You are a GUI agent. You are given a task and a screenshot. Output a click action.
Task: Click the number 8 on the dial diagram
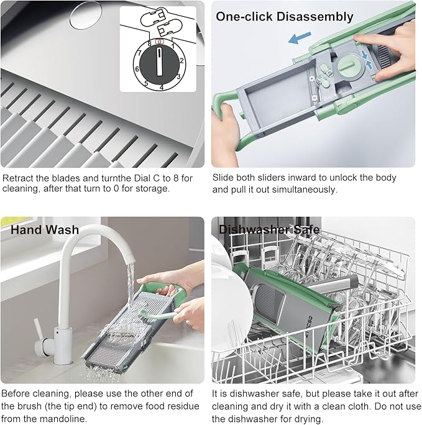point(149,43)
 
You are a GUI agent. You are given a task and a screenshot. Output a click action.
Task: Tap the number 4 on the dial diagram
point(162,88)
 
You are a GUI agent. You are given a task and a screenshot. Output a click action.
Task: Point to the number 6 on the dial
point(137,69)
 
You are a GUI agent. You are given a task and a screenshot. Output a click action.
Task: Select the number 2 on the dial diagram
point(181,61)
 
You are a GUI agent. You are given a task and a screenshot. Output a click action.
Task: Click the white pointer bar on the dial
point(160,61)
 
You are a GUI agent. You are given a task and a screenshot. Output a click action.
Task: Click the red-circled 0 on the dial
point(160,42)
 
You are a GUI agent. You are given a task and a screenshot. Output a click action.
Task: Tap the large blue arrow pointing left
point(300,38)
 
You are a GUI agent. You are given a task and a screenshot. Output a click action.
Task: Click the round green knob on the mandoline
point(349,67)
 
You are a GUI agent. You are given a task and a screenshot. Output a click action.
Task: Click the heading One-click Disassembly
point(285,17)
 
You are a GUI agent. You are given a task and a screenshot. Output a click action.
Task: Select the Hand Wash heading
point(45,229)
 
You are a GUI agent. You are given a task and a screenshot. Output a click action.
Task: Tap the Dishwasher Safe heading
point(269,229)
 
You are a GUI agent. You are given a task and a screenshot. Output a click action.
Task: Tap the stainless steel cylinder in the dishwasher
point(334,285)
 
